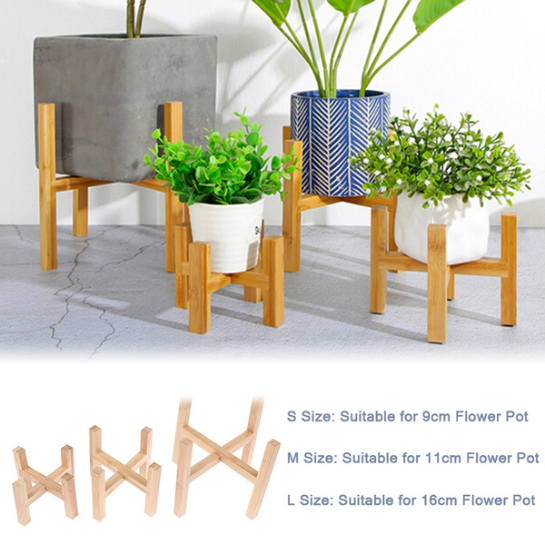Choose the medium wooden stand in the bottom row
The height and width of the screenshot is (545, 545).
(x=124, y=472)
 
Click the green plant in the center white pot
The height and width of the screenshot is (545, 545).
(x=218, y=163)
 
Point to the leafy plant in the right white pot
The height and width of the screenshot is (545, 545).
(x=441, y=159)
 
